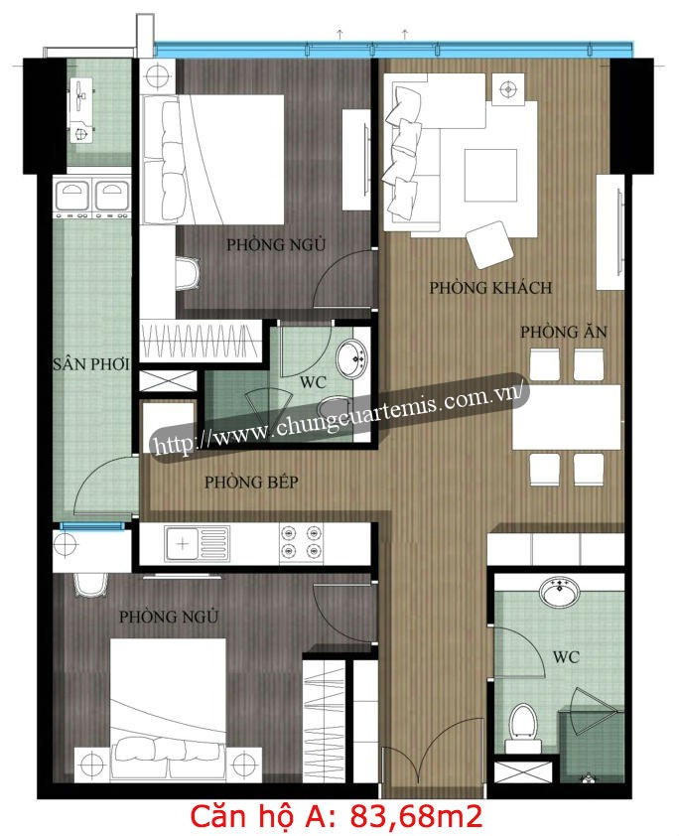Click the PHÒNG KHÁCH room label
(x=490, y=288)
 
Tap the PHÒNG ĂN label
(x=564, y=332)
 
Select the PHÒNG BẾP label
(x=251, y=482)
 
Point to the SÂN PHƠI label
(x=91, y=364)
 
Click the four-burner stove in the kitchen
(x=301, y=541)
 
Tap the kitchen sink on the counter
(x=198, y=543)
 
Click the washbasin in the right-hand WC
(x=559, y=593)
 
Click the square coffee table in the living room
(x=490, y=175)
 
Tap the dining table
(x=567, y=417)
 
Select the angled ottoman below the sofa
(x=489, y=244)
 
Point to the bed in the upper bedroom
(x=212, y=160)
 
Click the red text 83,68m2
(x=416, y=816)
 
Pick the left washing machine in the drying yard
(x=71, y=197)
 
